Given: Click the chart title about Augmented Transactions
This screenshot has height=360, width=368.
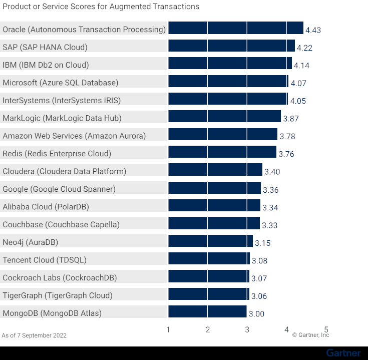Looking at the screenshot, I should click(101, 7).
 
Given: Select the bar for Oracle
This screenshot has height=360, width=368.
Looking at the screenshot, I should click(235, 28).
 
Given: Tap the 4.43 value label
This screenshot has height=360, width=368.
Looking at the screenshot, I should click(313, 30).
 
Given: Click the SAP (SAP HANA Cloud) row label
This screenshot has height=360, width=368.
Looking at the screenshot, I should click(45, 47).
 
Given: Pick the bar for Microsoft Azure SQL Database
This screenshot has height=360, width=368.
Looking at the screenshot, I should click(228, 82).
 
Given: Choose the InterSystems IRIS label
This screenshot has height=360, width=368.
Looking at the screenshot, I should click(62, 100).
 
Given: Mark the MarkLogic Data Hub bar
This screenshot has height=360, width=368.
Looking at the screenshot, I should click(224, 117).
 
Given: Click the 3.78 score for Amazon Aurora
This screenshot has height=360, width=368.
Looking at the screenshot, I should click(287, 136).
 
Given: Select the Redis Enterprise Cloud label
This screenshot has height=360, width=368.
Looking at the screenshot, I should click(57, 153).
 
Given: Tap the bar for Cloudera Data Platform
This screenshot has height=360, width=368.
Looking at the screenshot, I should click(215, 170).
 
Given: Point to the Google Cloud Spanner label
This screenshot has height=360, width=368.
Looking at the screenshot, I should click(59, 189).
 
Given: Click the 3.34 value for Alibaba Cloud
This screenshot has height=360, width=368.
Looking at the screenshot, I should click(271, 207).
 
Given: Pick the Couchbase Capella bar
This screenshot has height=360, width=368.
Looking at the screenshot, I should click(214, 223).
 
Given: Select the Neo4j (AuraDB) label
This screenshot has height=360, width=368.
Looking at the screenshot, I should click(31, 242).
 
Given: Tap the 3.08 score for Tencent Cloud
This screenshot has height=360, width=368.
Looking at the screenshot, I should click(260, 260).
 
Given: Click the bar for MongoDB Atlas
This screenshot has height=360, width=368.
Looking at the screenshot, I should click(207, 312).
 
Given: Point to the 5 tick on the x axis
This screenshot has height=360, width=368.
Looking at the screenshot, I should click(326, 329).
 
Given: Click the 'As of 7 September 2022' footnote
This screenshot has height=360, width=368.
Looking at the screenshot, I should click(34, 335).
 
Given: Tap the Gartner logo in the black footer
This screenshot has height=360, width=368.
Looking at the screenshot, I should click(343, 353).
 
